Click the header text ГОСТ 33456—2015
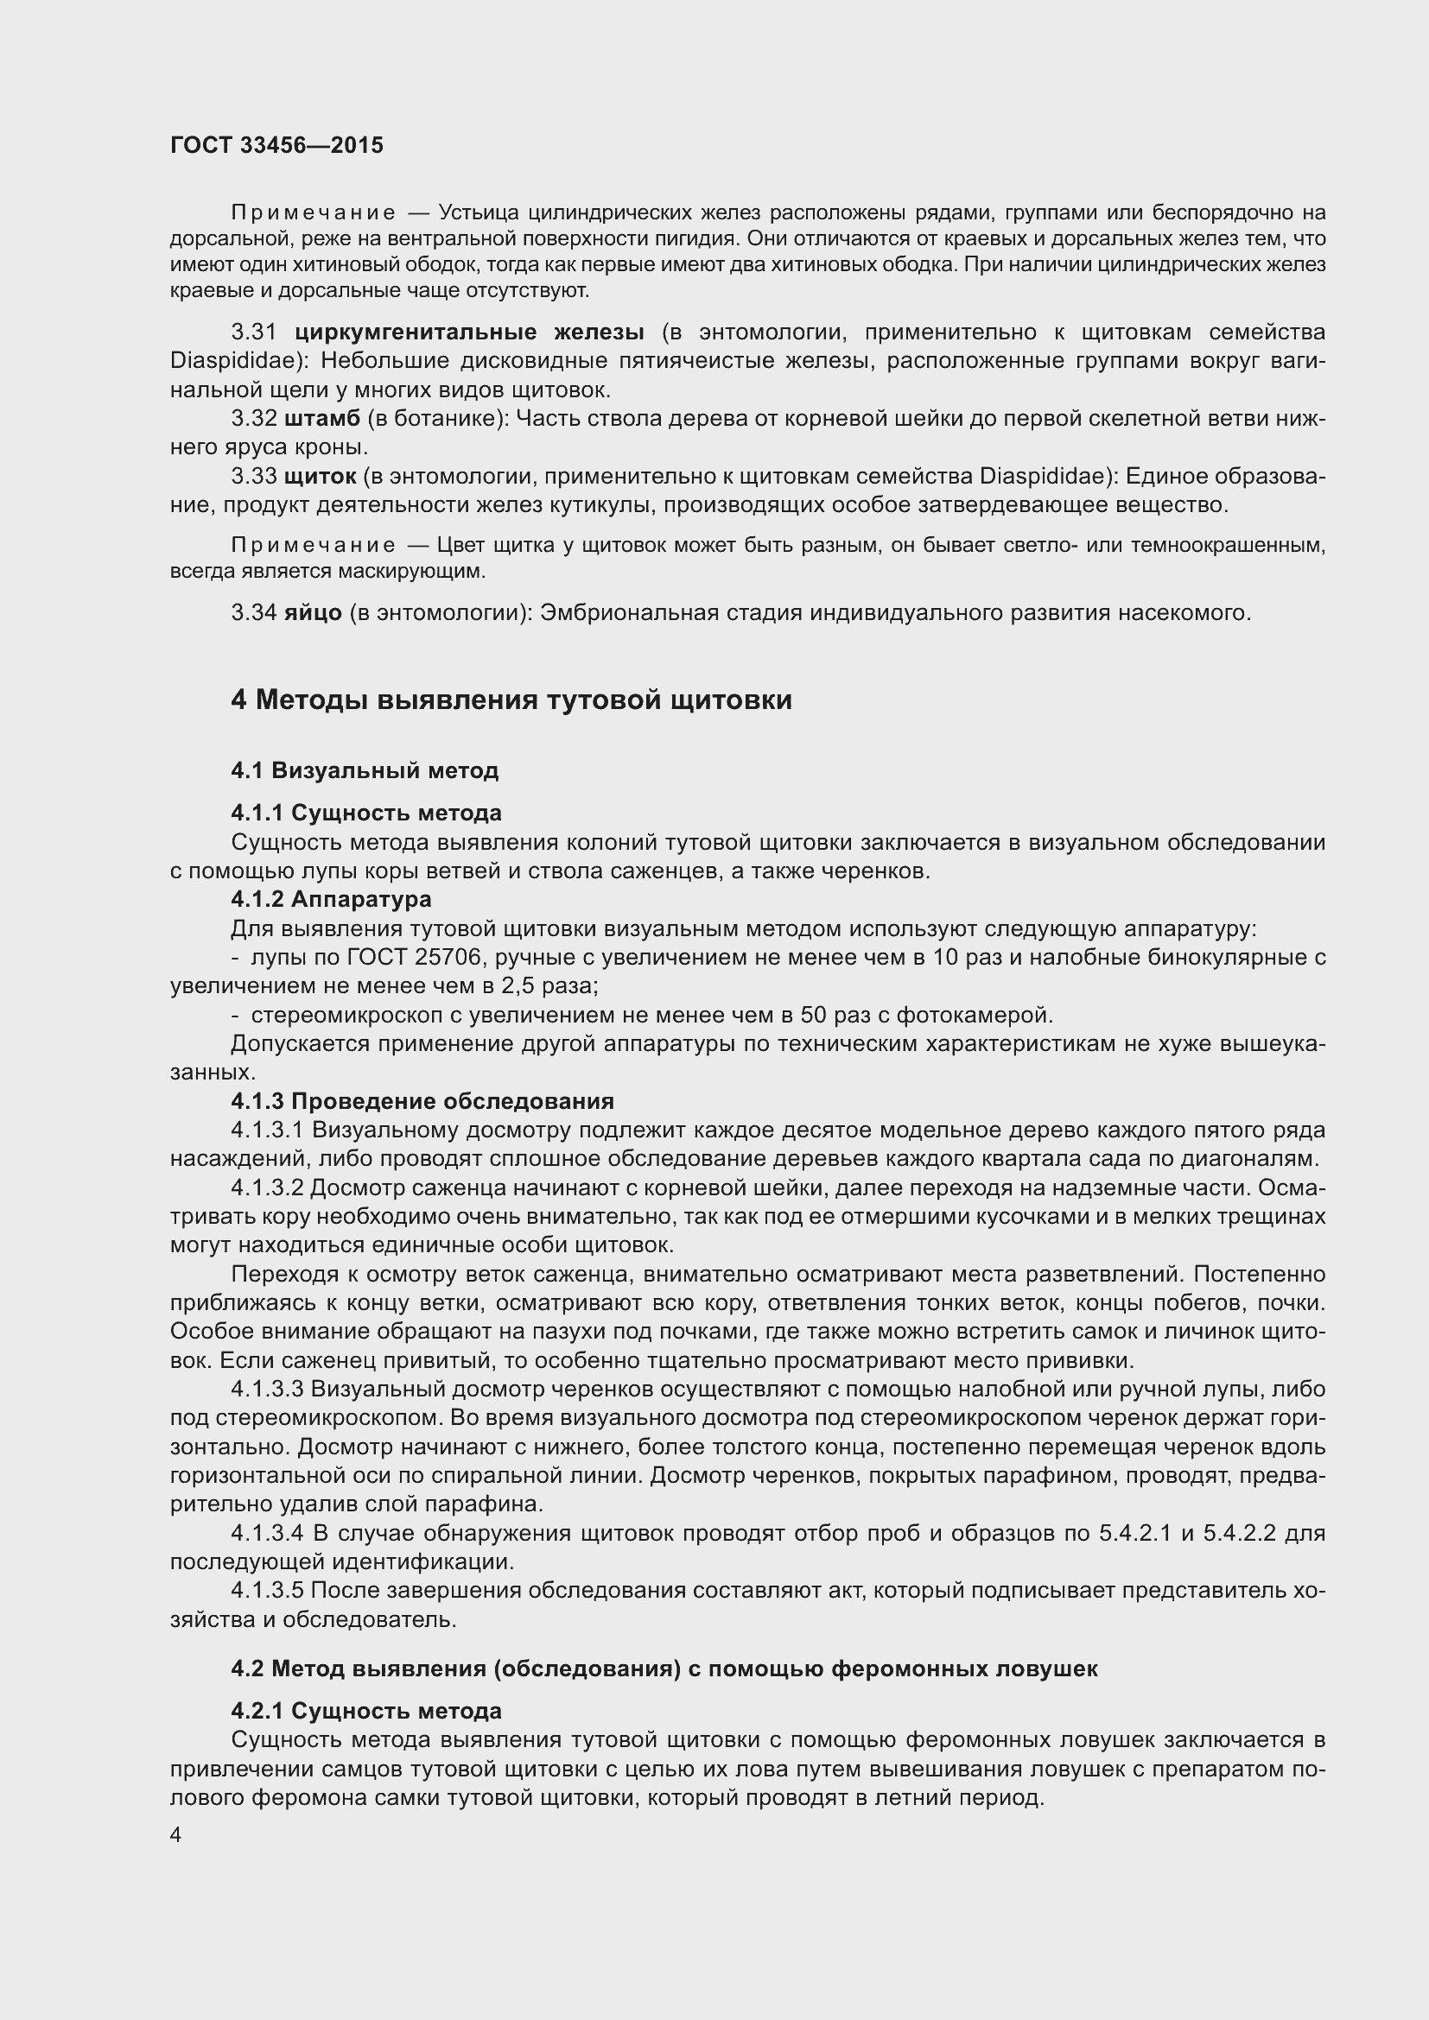pyautogui.click(x=276, y=146)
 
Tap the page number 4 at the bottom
pyautogui.click(x=176, y=1834)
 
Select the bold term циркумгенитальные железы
pyautogui.click(x=469, y=332)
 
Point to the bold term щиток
pyautogui.click(x=321, y=477)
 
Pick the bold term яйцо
pyautogui.click(x=313, y=612)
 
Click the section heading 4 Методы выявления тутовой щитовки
pyautogui.click(x=511, y=700)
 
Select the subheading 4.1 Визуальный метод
pyautogui.click(x=365, y=770)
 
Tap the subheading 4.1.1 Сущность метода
pyautogui.click(x=366, y=813)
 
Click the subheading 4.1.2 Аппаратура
pyautogui.click(x=331, y=899)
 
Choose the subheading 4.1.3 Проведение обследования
pyautogui.click(x=422, y=1101)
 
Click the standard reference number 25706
pyautogui.click(x=432, y=957)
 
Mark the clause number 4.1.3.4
pyautogui.click(x=267, y=1534)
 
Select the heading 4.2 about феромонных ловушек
pyautogui.click(x=664, y=1669)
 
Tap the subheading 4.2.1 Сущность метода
pyautogui.click(x=366, y=1711)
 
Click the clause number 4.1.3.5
pyautogui.click(x=267, y=1591)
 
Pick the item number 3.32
pyautogui.click(x=253, y=419)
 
